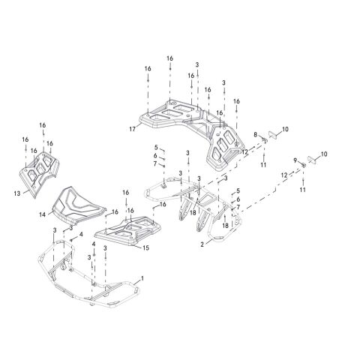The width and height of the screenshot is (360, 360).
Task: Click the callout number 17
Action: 132,129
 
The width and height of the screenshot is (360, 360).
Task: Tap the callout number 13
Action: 17,193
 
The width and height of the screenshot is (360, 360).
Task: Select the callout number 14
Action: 43,214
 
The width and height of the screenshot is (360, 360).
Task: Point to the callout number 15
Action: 145,247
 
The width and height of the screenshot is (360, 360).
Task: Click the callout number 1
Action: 142,278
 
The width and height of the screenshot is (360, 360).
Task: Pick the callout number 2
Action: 202,244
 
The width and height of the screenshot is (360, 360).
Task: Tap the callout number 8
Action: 255,134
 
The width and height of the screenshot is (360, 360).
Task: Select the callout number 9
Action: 295,160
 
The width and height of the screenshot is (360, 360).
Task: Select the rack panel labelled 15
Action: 128,230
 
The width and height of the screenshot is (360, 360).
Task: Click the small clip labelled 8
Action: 264,139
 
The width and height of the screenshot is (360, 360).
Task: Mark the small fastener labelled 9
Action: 302,165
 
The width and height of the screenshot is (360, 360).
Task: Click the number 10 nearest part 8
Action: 285,129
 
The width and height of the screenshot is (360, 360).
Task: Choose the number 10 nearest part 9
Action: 324,154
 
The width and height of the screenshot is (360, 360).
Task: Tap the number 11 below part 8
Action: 263,165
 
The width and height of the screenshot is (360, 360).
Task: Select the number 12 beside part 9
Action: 284,175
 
